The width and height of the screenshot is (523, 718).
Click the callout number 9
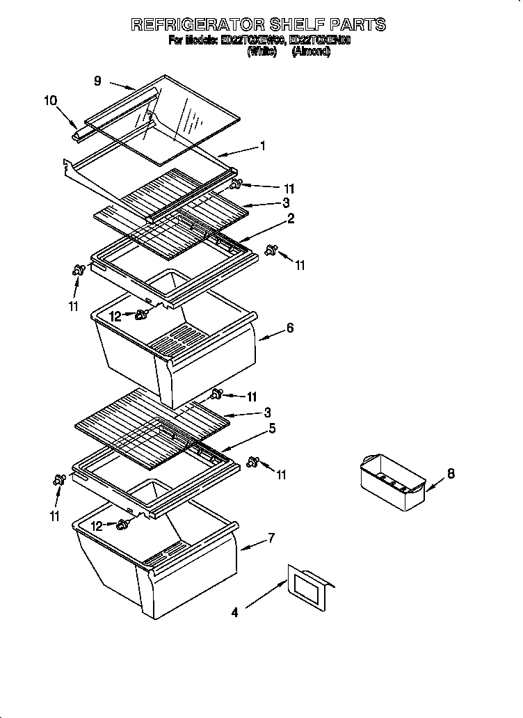point(98,81)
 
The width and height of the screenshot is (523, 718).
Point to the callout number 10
point(51,101)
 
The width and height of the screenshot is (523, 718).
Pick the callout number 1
point(263,145)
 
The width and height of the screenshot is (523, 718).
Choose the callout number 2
point(291,219)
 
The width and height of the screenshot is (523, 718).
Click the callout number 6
point(290,328)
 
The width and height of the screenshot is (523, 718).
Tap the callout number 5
point(273,429)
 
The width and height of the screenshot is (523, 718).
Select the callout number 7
point(272,537)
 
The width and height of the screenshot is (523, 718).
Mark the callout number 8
point(451,474)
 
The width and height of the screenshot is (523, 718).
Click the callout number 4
point(234,613)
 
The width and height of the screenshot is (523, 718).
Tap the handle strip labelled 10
point(82,131)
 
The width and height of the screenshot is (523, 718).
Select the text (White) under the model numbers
point(262,51)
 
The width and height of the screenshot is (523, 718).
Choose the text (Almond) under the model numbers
point(311,51)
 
